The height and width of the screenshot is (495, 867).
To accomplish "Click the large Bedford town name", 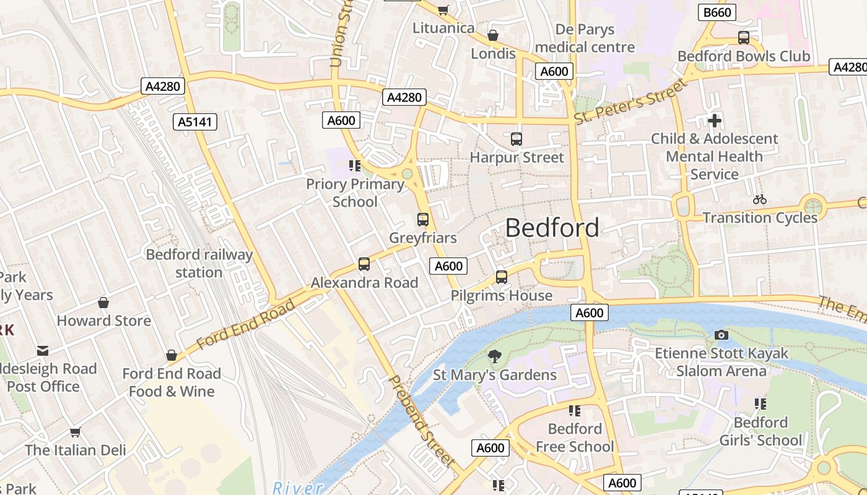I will (x=552, y=228).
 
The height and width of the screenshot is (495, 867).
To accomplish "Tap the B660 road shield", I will (x=717, y=12).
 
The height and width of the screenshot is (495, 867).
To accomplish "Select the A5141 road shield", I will (x=195, y=122).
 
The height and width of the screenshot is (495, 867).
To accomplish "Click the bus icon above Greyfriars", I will (x=423, y=220).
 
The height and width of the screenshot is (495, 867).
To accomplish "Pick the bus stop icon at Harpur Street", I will (x=516, y=139).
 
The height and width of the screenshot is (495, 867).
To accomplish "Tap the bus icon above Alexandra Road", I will (x=364, y=264).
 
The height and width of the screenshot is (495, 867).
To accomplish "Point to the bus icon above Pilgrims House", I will (x=502, y=277).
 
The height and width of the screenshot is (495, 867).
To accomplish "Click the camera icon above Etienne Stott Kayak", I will (x=721, y=335).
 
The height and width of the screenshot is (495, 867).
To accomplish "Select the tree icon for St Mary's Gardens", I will (x=494, y=356).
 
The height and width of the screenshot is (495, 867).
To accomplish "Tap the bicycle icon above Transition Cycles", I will (x=760, y=199).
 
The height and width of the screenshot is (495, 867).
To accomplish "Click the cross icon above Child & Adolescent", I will (x=715, y=121).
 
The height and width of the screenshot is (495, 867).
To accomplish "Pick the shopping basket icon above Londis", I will (x=493, y=35).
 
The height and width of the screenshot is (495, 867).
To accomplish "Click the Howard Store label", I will (x=104, y=321).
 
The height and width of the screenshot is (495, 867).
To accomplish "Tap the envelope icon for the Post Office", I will (x=43, y=351).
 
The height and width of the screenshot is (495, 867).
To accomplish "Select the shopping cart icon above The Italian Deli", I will (x=76, y=432).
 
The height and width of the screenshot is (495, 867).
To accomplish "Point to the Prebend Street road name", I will (x=422, y=421).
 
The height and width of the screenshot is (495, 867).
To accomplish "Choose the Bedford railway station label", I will (x=199, y=264).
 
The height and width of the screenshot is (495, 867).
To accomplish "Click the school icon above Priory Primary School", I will (x=355, y=165).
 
